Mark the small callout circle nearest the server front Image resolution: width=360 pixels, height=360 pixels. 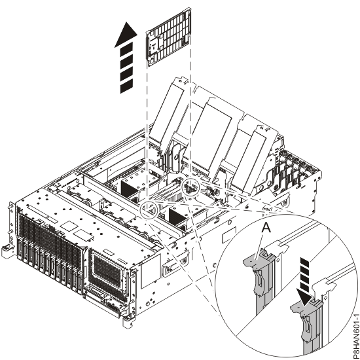151,211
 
